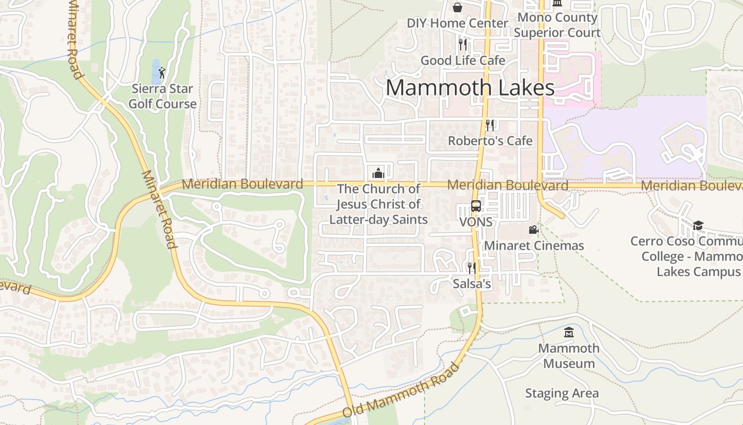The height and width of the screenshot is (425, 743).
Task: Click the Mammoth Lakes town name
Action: pyautogui.click(x=470, y=88)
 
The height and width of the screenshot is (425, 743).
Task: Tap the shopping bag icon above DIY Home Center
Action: pyautogui.click(x=457, y=7)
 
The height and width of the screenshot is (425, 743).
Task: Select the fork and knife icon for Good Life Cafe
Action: pyautogui.click(x=463, y=44)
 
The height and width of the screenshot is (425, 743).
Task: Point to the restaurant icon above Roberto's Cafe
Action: pyautogui.click(x=490, y=125)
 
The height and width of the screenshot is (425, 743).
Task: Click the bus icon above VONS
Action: pyautogui.click(x=476, y=206)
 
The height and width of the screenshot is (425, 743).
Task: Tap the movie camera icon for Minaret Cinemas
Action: pyautogui.click(x=533, y=229)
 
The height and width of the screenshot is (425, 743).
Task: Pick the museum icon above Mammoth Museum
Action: pyautogui.click(x=569, y=333)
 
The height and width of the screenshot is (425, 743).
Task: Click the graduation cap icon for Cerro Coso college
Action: pyautogui.click(x=698, y=225)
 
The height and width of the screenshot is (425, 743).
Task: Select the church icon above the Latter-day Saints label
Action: pyautogui.click(x=378, y=173)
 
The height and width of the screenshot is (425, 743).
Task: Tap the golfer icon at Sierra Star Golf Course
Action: pyautogui.click(x=162, y=73)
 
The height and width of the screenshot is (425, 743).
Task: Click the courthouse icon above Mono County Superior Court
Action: pyautogui.click(x=557, y=3)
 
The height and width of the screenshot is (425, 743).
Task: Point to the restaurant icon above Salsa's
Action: pyautogui.click(x=471, y=268)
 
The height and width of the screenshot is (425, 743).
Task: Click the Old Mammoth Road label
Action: pyautogui.click(x=401, y=391)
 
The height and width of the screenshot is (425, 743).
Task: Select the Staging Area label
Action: pyautogui.click(x=561, y=394)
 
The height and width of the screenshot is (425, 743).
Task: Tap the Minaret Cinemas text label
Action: pyautogui.click(x=534, y=245)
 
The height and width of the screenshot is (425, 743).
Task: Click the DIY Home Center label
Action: pyautogui.click(x=457, y=23)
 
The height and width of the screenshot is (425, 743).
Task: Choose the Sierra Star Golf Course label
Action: pyautogui.click(x=162, y=96)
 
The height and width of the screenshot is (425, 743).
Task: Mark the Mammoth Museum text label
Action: pyautogui.click(x=569, y=356)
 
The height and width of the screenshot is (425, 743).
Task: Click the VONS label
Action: pyautogui.click(x=476, y=222)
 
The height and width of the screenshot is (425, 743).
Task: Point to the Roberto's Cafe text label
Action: pyautogui.click(x=490, y=141)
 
